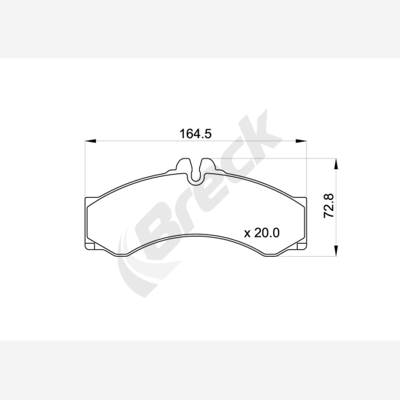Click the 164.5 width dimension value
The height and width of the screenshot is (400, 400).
coord(195,133)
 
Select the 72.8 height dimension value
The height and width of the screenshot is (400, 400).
coord(329,206)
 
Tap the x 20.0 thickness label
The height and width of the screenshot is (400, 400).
coord(262,233)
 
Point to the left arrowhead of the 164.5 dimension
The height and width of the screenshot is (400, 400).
coord(91,141)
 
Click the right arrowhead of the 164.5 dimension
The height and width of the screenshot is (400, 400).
coord(301,141)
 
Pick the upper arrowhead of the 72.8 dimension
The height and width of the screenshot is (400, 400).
coord(336,164)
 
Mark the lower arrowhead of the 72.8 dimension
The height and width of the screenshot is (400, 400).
coord(336,251)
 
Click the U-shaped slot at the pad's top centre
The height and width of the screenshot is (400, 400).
coord(196,173)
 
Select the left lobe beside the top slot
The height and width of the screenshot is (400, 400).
coord(184,166)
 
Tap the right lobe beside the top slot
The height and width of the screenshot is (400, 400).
coord(208,166)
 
